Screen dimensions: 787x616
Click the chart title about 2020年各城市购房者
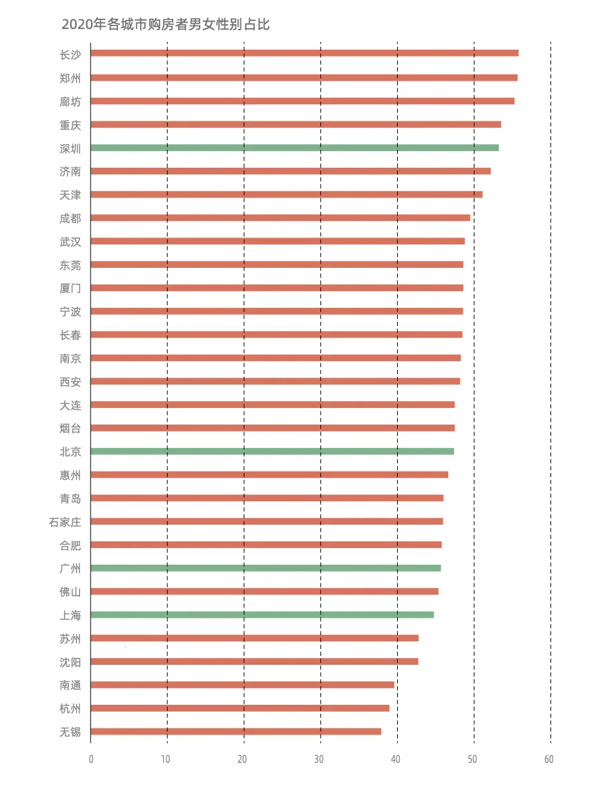(165, 25)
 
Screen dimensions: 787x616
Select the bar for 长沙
(304, 53)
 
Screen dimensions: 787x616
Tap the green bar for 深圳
(294, 148)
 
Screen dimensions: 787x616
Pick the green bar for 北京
(272, 451)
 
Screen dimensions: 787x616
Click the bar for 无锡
(235, 732)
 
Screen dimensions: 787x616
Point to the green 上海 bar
(262, 615)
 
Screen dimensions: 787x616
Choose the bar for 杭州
(240, 708)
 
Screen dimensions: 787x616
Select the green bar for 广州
(265, 568)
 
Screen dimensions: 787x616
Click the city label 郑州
(70, 78)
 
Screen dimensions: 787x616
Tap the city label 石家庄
(64, 522)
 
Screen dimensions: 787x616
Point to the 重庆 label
(70, 125)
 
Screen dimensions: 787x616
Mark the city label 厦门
(70, 289)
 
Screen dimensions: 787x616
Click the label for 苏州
(70, 639)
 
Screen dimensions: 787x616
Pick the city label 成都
(70, 218)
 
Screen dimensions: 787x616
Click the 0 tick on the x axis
(90, 759)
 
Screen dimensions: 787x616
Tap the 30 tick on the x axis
(319, 759)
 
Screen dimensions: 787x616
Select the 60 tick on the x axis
(548, 759)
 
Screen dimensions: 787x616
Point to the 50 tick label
(472, 759)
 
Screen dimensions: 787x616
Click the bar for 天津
(286, 195)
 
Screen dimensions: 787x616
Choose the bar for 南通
(242, 685)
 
